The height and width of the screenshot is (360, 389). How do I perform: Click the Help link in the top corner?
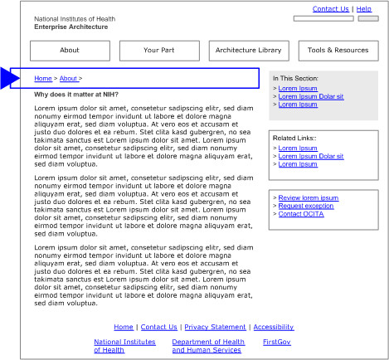click(x=364, y=9)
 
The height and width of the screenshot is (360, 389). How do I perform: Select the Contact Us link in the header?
click(x=330, y=9)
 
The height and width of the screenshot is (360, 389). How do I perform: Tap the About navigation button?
click(x=70, y=51)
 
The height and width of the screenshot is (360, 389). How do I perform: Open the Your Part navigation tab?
click(x=158, y=51)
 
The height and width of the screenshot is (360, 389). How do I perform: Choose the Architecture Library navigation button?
click(x=248, y=51)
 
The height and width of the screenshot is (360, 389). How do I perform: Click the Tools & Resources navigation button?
click(x=338, y=51)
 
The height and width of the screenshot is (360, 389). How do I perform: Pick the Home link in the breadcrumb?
click(x=42, y=78)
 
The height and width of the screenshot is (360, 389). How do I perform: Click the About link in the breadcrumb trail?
click(x=69, y=78)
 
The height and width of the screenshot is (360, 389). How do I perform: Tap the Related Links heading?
click(x=294, y=138)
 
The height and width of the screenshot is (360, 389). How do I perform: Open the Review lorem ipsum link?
click(x=308, y=198)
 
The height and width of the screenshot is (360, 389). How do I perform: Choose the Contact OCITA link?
click(x=302, y=214)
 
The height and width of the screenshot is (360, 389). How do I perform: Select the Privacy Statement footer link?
click(x=215, y=327)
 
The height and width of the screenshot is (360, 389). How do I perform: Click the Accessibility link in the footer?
click(x=274, y=327)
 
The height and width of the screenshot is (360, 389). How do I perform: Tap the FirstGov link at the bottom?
click(x=277, y=342)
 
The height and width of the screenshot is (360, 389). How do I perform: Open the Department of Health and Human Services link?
click(x=208, y=346)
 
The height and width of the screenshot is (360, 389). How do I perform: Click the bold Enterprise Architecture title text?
click(x=71, y=27)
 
